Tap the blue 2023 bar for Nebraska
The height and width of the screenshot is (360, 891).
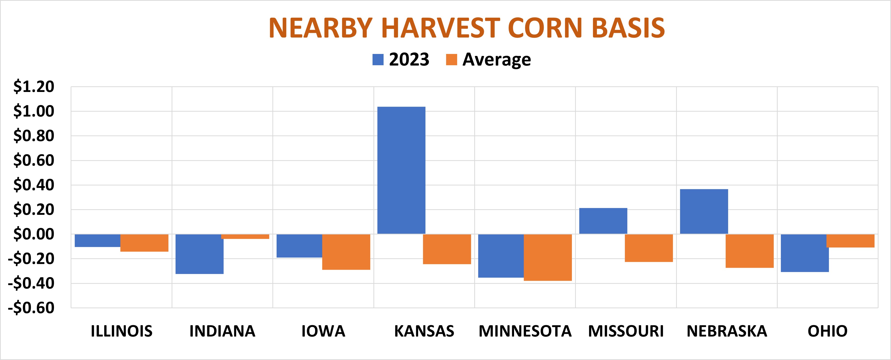[704, 211]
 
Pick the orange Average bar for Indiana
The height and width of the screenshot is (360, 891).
[245, 237]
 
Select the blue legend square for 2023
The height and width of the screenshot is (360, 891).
[378, 60]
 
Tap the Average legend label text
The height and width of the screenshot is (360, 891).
[496, 60]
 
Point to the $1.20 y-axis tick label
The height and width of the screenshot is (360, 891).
[34, 87]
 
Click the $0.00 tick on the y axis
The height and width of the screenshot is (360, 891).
[34, 234]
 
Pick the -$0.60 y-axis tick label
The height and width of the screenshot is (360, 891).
[31, 308]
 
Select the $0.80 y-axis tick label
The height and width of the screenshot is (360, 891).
[34, 136]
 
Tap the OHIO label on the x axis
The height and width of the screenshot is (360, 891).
[827, 331]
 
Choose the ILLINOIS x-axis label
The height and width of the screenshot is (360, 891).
[121, 331]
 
